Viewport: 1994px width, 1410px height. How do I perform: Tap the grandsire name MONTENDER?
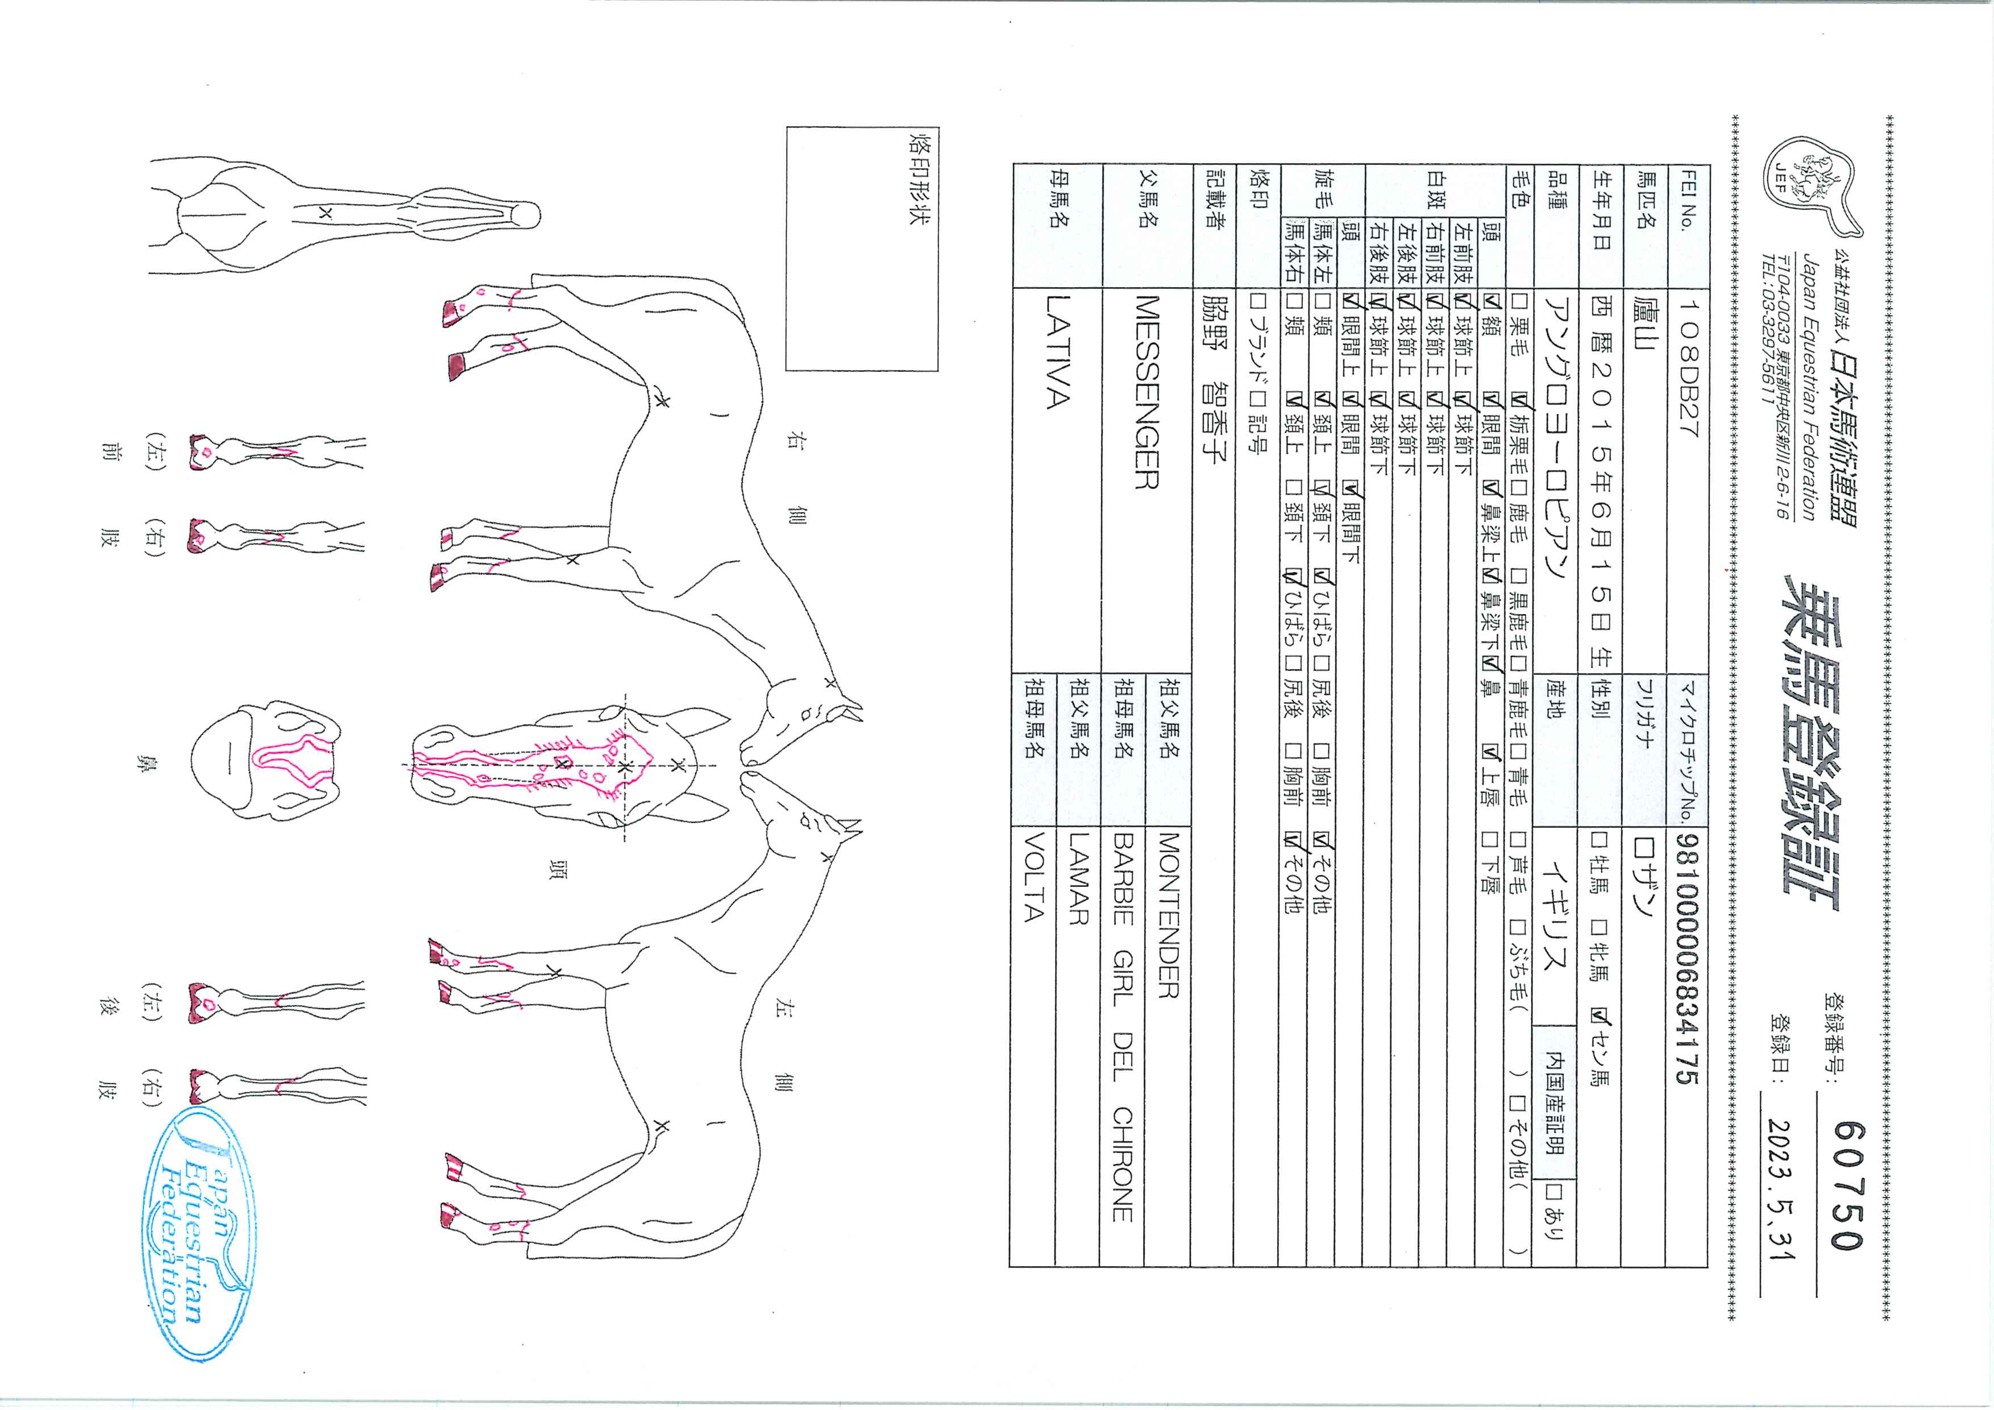click(1168, 916)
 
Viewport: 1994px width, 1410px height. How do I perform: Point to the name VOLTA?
click(1033, 877)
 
